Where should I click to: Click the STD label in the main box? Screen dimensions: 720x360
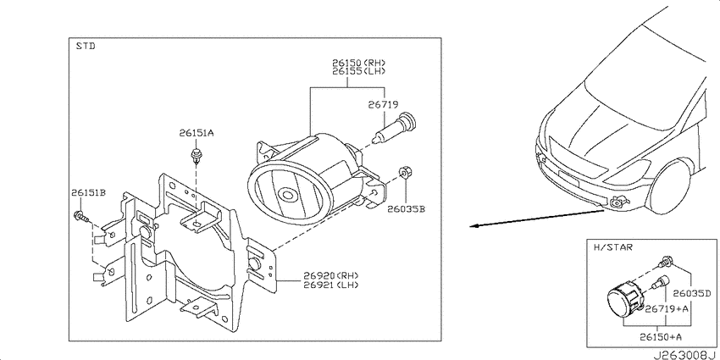click(x=86, y=46)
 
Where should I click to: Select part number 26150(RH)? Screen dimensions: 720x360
click(x=359, y=63)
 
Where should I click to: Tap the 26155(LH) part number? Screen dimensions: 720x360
click(x=359, y=71)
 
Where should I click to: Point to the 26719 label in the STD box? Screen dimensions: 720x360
click(x=383, y=105)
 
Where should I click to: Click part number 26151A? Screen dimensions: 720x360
click(x=197, y=133)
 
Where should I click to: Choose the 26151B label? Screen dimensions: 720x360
click(x=88, y=192)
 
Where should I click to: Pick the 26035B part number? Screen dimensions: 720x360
click(x=406, y=209)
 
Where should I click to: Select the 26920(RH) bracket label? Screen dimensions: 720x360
click(x=330, y=275)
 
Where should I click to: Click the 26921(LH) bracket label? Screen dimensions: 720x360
click(x=330, y=285)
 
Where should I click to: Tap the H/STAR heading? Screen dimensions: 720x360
click(x=613, y=247)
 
